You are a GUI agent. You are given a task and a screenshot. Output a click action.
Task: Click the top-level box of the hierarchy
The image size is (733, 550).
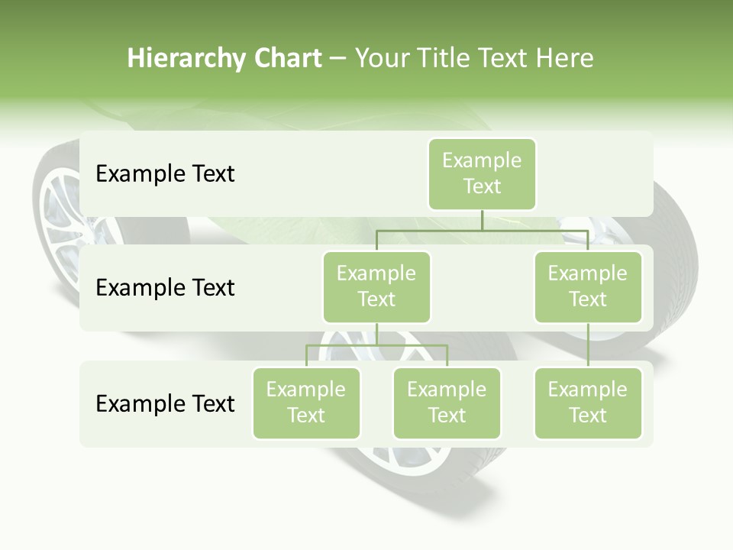(482, 174)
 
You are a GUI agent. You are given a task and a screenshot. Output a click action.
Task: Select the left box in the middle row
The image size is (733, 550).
(376, 287)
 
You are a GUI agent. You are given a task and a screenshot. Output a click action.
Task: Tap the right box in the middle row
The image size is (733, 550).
(588, 287)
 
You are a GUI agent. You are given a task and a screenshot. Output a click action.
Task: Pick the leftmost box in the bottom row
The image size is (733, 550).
(306, 403)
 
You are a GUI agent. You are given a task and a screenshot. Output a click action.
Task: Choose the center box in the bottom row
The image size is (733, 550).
(447, 403)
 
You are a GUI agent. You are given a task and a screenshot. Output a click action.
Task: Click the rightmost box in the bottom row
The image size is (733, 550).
(588, 403)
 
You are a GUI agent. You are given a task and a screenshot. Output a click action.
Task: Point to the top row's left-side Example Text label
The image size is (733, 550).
(165, 174)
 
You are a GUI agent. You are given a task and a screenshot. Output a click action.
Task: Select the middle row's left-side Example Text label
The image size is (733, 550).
(165, 288)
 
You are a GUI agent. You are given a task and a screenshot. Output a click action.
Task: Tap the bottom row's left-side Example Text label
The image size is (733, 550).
(165, 404)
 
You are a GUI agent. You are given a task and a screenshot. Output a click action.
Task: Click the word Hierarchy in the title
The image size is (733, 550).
(186, 59)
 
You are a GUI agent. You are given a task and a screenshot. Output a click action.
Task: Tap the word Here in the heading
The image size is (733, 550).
(565, 58)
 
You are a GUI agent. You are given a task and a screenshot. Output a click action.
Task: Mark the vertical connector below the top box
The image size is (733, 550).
(482, 220)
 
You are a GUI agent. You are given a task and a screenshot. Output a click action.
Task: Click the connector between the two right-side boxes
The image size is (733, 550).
(588, 345)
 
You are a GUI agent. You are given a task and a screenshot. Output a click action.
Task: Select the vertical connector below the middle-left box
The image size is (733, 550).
(376, 335)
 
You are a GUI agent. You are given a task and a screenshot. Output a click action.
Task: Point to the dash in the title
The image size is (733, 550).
(338, 59)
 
